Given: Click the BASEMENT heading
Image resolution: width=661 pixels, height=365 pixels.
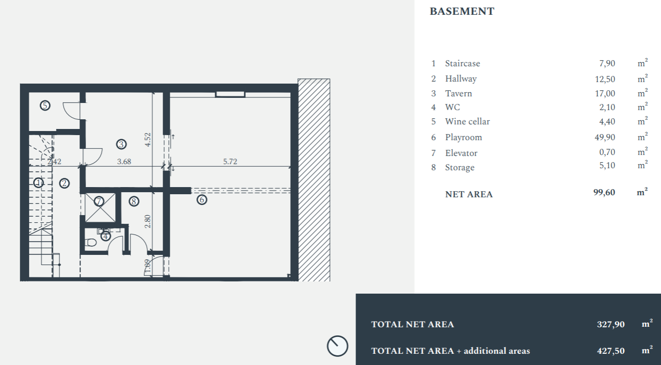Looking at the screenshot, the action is (x=462, y=11).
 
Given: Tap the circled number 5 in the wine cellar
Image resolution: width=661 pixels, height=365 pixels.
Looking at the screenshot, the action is (x=45, y=105).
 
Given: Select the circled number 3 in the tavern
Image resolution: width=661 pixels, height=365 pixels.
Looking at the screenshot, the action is (x=121, y=144).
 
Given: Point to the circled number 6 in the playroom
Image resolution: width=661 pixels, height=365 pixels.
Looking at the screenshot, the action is (x=202, y=200).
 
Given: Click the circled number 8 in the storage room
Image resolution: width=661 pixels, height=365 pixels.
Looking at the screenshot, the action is (x=134, y=201).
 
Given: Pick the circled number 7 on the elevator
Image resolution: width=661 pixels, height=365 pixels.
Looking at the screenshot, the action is (x=99, y=201).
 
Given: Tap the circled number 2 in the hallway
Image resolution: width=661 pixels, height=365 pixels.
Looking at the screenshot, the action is (x=64, y=184).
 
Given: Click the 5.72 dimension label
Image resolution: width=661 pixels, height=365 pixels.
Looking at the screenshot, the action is (x=230, y=161).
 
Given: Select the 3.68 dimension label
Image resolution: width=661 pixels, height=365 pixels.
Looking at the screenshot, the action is (x=124, y=161).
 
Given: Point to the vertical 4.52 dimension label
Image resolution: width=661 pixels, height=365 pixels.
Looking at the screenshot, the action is (x=148, y=140).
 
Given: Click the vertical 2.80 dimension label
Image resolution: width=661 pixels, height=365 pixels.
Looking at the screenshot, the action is (x=148, y=221).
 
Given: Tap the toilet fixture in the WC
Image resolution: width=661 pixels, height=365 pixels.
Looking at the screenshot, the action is (x=91, y=243).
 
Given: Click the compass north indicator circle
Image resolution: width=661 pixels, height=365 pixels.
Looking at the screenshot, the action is (x=338, y=346).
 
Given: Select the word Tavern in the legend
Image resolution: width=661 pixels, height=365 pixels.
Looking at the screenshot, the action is (x=459, y=93).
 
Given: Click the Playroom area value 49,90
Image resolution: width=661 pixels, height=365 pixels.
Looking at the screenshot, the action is (x=605, y=137).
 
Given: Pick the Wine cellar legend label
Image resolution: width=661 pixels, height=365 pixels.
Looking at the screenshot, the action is (x=467, y=121).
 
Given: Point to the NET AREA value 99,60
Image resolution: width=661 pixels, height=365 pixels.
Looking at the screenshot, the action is (x=604, y=192).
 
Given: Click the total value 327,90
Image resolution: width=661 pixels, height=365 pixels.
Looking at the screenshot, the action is (x=611, y=324).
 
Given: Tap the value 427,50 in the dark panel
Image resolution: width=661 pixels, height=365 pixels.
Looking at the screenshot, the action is (x=611, y=351).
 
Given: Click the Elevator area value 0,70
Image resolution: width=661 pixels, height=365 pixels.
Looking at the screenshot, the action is (x=607, y=152).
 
